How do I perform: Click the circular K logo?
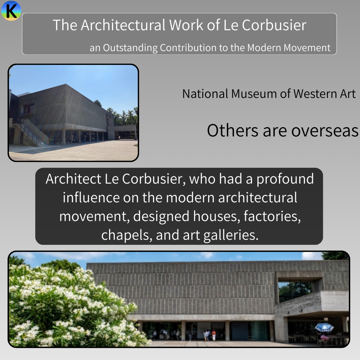click(11, 10)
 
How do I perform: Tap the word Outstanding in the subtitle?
click(130, 48)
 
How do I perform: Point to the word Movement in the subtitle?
click(307, 48)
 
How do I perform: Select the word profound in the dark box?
click(285, 179)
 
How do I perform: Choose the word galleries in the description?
click(231, 235)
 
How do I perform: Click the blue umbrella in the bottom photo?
click(324, 327)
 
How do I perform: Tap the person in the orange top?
click(214, 335)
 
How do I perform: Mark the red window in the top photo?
click(28, 109)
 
